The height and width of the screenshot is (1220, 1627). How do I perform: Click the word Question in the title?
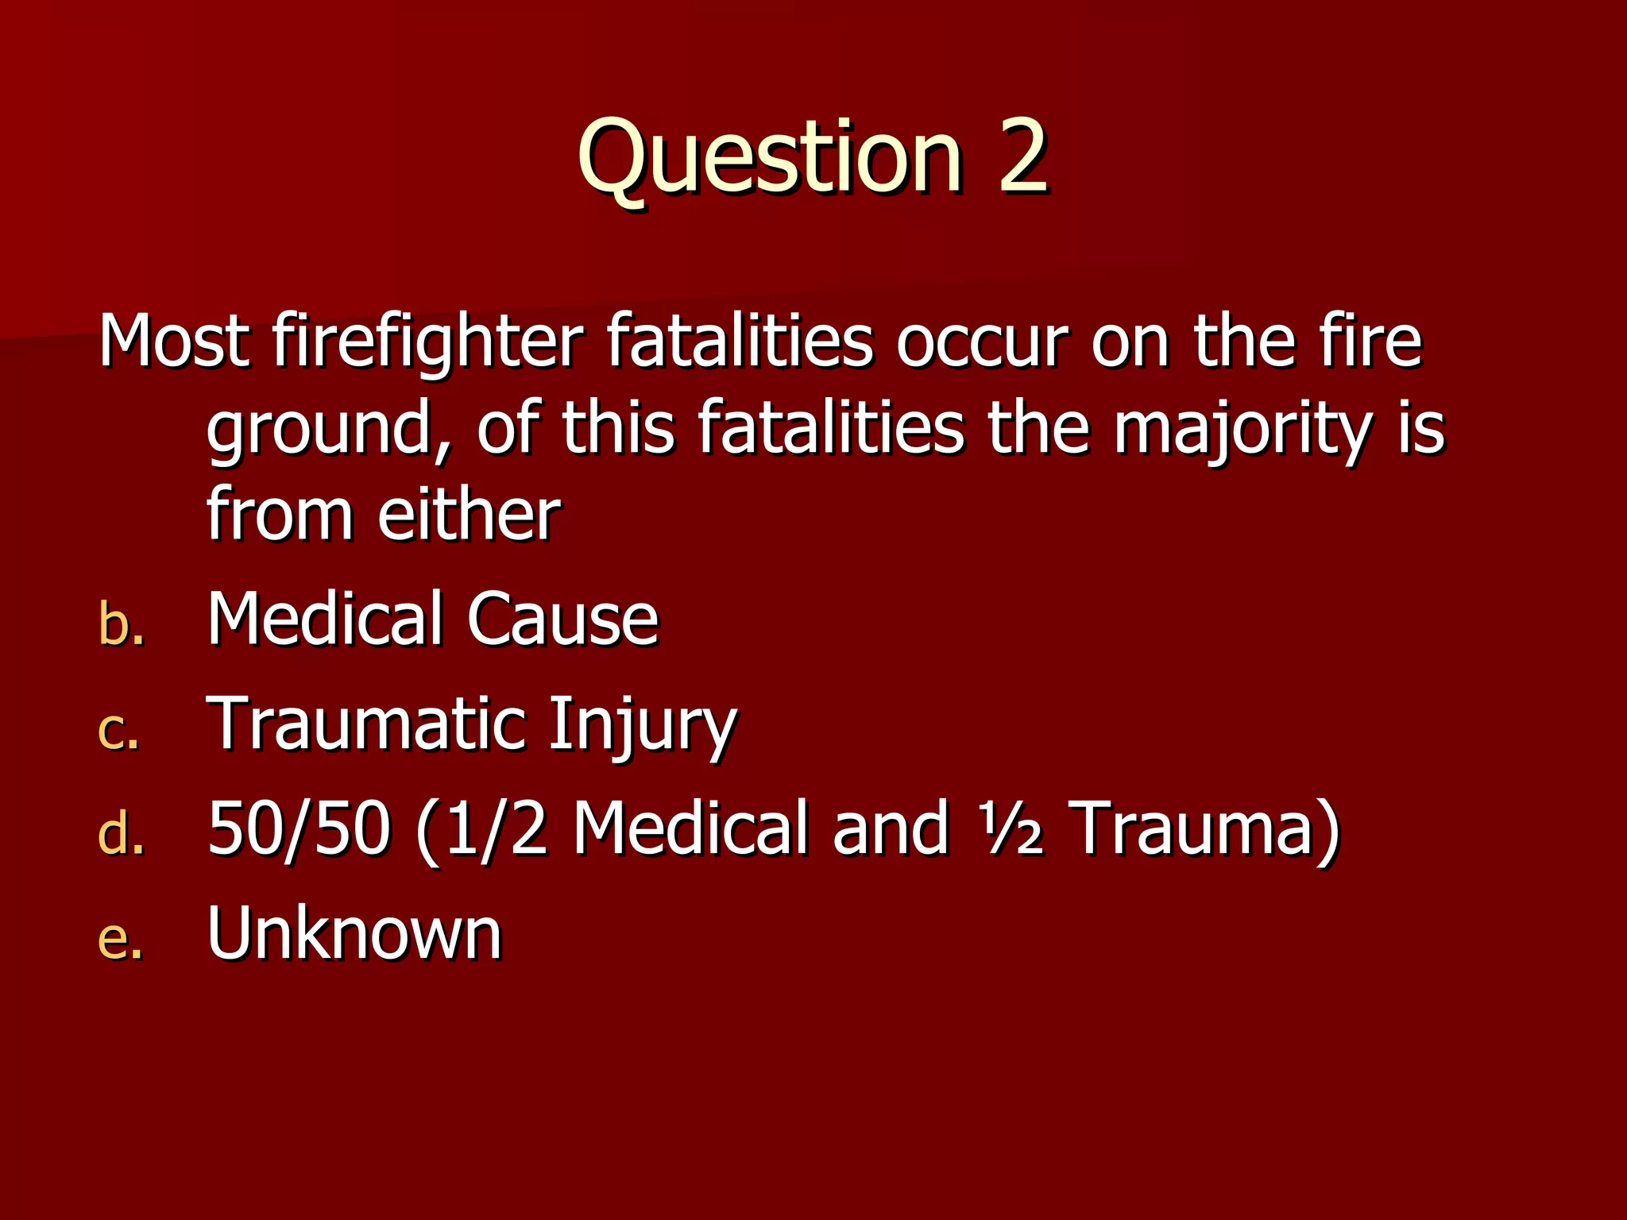click(x=769, y=156)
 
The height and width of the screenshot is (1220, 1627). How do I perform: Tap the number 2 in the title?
click(x=1022, y=156)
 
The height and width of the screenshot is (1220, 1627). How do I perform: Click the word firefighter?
click(x=427, y=342)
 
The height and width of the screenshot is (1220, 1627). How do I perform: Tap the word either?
click(x=469, y=515)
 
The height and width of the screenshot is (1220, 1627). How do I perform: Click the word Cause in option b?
click(x=562, y=619)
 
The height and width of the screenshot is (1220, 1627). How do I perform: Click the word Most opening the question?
click(x=174, y=342)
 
